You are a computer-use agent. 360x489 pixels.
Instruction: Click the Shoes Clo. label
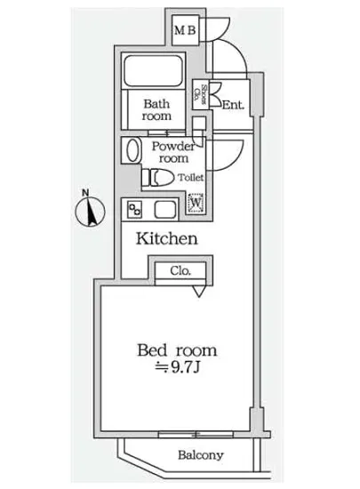point(204,94)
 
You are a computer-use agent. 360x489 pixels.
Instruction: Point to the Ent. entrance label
point(233,106)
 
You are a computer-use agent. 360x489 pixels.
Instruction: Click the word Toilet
point(190,177)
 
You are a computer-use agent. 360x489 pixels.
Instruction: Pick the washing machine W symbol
point(196,205)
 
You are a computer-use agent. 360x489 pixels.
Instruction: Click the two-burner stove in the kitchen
point(136,210)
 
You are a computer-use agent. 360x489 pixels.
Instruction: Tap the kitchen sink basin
point(166,210)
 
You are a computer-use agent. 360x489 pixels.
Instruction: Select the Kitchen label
point(166,239)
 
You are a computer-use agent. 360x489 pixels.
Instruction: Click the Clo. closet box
point(181,270)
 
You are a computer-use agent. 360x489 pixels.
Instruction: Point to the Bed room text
point(177,349)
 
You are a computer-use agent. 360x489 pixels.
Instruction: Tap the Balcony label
point(199,455)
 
